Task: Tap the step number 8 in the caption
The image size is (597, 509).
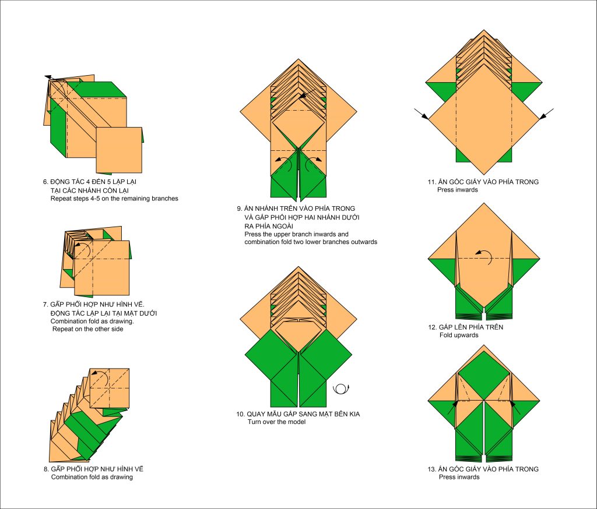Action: tap(45, 469)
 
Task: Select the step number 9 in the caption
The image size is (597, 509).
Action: tap(239, 208)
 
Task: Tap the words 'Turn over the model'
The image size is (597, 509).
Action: tap(276, 422)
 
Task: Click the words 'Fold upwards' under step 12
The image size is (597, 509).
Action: tap(459, 335)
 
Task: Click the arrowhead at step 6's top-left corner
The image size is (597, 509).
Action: tap(47, 77)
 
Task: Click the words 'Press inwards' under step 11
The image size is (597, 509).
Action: tap(458, 190)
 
